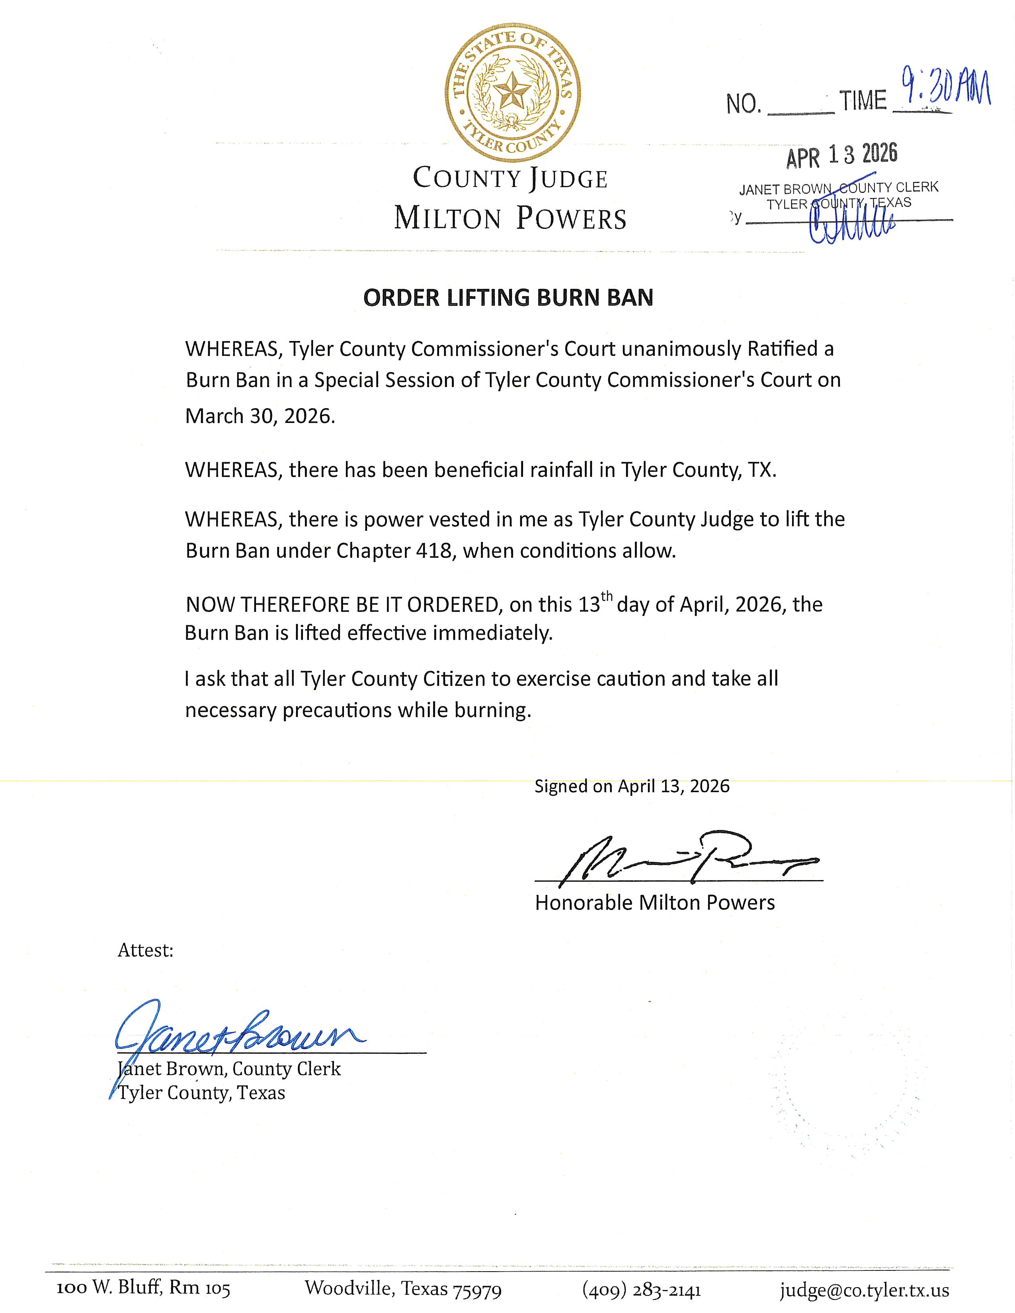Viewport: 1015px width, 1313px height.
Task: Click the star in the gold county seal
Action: click(512, 92)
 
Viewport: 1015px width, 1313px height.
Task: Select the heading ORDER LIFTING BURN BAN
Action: click(508, 298)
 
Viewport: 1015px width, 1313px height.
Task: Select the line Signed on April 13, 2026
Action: click(632, 786)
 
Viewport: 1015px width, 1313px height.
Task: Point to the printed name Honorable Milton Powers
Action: click(655, 903)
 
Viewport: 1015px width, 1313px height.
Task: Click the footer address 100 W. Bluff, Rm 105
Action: click(144, 1288)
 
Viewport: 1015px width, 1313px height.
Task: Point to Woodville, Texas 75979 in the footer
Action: click(403, 1288)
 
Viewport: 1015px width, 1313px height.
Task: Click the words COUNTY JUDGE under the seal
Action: click(510, 179)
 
